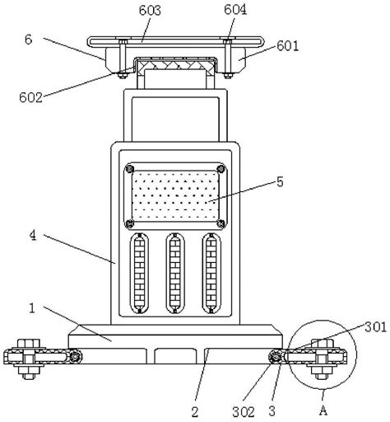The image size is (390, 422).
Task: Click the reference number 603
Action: click(x=150, y=11)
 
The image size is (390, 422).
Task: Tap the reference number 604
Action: click(x=235, y=10)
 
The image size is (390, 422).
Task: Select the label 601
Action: click(x=287, y=45)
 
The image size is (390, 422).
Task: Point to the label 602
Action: click(x=30, y=97)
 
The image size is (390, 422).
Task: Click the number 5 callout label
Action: click(x=280, y=182)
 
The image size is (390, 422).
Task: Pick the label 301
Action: click(x=375, y=327)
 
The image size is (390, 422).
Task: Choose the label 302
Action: click(x=244, y=412)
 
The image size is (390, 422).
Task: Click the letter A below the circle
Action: click(x=323, y=411)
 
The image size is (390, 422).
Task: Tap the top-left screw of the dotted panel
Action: click(x=129, y=169)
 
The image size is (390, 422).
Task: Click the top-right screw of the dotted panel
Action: click(x=221, y=169)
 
